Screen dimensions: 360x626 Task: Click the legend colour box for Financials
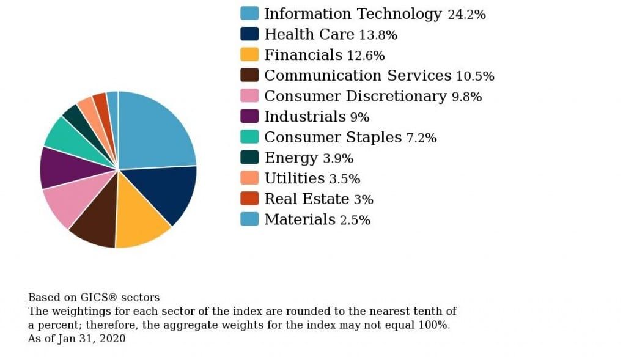[249, 54]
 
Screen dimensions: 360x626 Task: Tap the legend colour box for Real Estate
[249, 199]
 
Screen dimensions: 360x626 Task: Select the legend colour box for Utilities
[249, 178]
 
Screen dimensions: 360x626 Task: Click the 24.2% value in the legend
[466, 15]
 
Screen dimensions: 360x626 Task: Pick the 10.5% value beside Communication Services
[475, 76]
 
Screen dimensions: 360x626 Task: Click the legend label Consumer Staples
[333, 138]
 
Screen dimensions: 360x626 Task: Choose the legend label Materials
[300, 219]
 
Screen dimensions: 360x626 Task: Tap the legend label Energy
[291, 158]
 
